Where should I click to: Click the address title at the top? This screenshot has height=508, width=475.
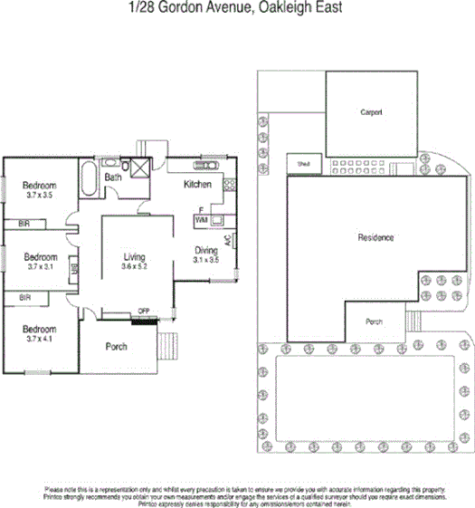tap(236, 8)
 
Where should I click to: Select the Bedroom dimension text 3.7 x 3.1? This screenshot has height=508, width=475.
tap(41, 267)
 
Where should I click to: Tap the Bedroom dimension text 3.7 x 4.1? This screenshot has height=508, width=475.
tap(41, 340)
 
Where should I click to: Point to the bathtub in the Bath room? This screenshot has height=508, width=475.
tap(89, 178)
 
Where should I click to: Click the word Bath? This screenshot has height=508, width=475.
tap(113, 177)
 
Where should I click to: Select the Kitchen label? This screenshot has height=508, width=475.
tap(197, 185)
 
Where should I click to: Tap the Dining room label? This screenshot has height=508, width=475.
tap(206, 250)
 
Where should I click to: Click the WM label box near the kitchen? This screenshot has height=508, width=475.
tap(201, 220)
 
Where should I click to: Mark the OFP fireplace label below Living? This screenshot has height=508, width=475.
tap(143, 312)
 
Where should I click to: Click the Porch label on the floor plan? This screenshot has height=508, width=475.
tap(117, 346)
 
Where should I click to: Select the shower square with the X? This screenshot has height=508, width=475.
tap(140, 166)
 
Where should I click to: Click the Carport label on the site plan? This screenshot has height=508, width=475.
tap(371, 112)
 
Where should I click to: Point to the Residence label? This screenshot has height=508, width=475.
tap(375, 238)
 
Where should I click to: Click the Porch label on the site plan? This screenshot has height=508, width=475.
tap(374, 322)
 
